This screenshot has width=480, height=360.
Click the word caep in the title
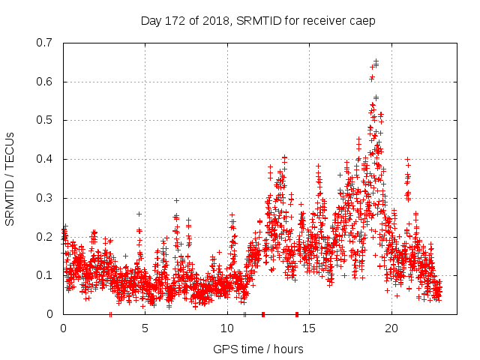tap(362, 19)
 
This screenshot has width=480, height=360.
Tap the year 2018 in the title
tap(216, 19)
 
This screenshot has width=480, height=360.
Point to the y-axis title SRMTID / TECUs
tap(10, 178)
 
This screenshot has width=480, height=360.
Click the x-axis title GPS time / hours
tap(258, 349)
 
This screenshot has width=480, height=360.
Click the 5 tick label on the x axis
tap(145, 328)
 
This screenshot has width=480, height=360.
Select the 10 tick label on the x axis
tap(227, 328)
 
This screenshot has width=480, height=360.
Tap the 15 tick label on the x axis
tap(310, 328)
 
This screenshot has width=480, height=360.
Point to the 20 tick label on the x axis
tap(391, 328)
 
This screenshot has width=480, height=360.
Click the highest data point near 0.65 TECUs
tap(376, 61)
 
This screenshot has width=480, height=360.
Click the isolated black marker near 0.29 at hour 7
tap(176, 200)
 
